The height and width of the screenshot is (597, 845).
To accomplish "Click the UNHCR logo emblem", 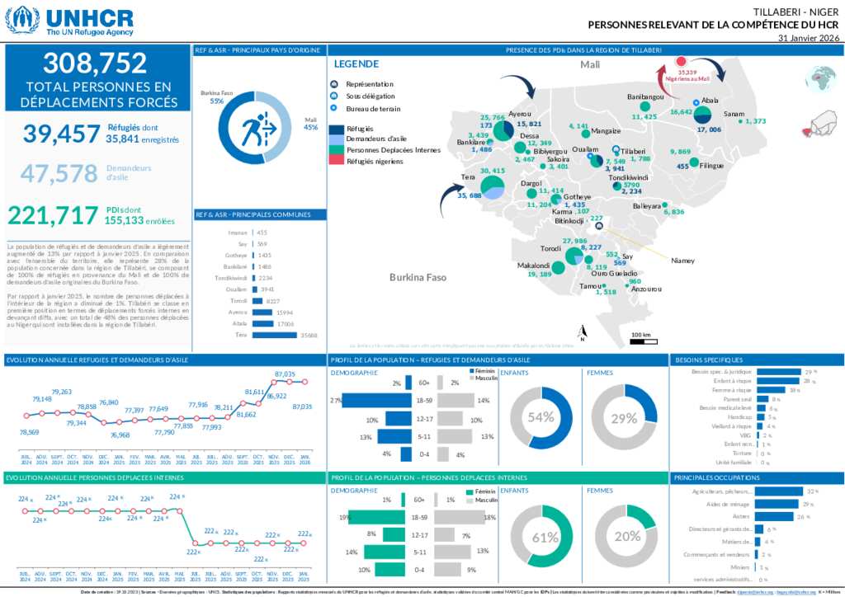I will point(22,20).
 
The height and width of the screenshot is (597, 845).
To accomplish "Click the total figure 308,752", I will point(95,63).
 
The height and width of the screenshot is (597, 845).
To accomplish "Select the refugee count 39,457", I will point(60,134).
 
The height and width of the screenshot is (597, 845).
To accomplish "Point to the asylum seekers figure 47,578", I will point(59,173).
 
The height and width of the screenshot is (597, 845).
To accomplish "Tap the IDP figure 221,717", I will point(53,216).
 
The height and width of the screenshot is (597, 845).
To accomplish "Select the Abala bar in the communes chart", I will point(263,324).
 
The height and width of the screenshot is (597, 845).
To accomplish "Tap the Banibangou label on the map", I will point(645,97).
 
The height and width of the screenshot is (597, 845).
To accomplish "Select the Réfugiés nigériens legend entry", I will point(375,162).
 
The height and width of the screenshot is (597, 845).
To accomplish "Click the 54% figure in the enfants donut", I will point(541,417).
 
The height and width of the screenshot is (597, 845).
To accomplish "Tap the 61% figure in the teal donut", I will point(544,538).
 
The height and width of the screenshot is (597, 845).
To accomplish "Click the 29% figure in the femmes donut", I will point(625,418).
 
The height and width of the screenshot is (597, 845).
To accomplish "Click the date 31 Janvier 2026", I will point(809,38).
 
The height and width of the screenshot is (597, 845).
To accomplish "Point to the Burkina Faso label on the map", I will point(418,278).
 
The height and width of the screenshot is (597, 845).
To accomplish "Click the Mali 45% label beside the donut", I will point(310,123).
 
